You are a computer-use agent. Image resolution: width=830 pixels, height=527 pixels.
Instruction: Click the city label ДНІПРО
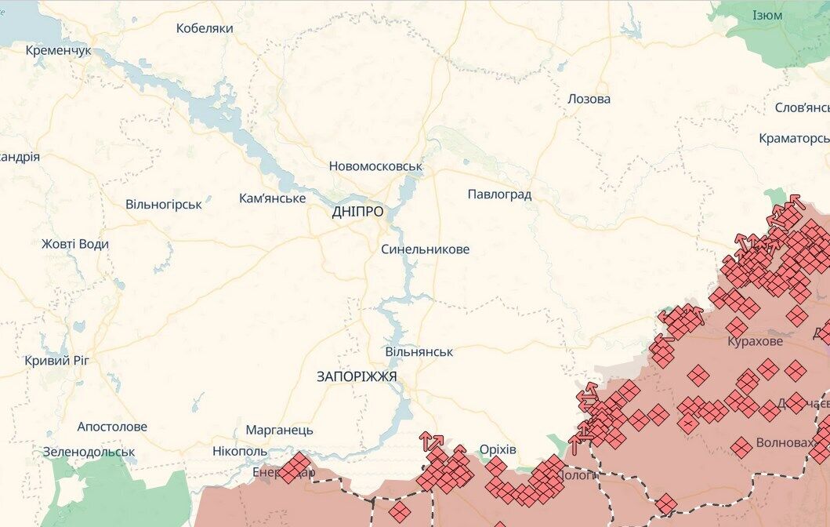coord(357,212)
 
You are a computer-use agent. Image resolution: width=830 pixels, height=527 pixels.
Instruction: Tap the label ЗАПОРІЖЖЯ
coord(357,376)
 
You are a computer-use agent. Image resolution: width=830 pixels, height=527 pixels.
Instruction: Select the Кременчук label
coord(59,50)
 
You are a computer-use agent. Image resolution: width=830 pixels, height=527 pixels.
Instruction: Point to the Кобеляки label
coord(205,28)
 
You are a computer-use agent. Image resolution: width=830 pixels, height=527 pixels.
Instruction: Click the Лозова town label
coord(589,99)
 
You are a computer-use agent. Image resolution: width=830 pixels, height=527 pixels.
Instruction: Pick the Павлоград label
coord(499,194)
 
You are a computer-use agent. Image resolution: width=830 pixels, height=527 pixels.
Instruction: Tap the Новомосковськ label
coord(375,166)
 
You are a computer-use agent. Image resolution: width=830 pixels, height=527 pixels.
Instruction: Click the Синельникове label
coord(425,249)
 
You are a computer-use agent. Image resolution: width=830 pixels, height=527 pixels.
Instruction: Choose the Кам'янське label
coord(272,198)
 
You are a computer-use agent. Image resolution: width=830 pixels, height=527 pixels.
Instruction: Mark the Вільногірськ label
coord(164,204)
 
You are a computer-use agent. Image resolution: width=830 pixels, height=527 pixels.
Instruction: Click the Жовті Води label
coord(75,244)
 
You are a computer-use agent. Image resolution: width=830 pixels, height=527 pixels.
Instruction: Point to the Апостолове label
coord(112,427)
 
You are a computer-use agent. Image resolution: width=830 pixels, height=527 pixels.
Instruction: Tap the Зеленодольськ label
coord(89,452)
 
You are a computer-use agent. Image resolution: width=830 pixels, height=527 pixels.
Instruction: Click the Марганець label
coord(279,430)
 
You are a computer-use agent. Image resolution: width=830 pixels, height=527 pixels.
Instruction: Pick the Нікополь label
coord(240,452)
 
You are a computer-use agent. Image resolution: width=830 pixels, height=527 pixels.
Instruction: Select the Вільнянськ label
coord(419,352)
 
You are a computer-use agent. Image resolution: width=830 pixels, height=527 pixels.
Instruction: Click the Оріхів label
coord(498,449)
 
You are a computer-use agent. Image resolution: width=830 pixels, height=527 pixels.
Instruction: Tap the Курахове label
coord(755,342)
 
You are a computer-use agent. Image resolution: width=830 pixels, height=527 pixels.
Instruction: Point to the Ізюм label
coord(767,16)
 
